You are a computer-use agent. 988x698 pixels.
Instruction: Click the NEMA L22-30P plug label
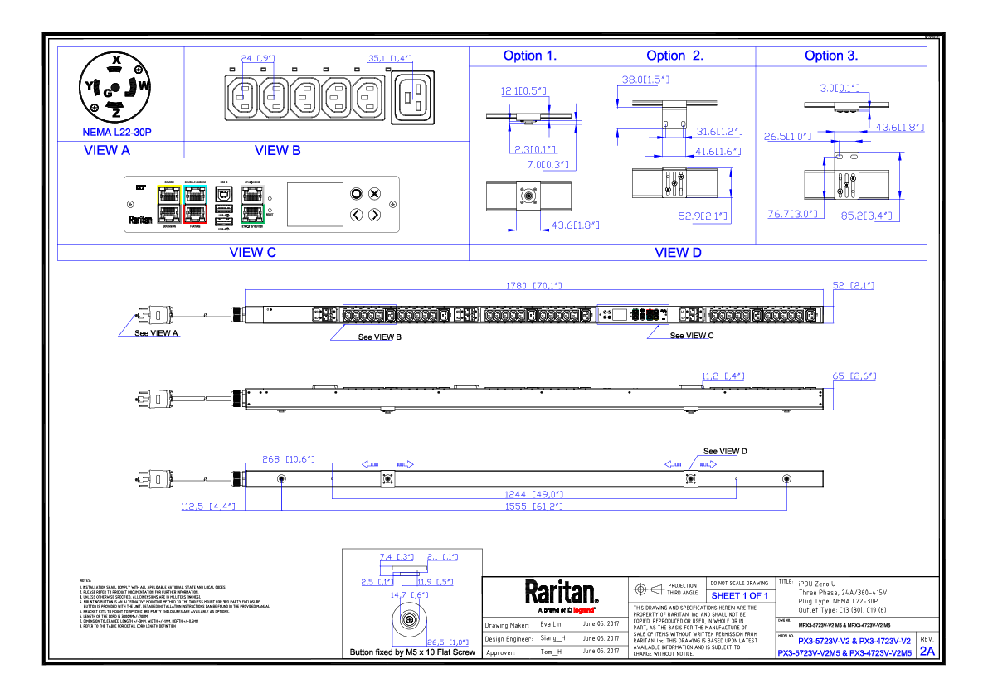click(x=117, y=132)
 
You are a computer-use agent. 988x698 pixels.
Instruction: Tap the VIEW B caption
click(x=277, y=150)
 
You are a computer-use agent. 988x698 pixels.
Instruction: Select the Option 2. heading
click(x=674, y=56)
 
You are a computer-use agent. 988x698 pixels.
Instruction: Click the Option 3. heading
click(x=831, y=56)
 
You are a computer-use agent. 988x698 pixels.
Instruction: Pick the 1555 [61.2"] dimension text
click(x=535, y=506)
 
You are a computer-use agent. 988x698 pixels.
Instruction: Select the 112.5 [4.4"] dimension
click(x=208, y=506)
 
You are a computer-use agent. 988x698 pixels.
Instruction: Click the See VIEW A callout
click(x=157, y=332)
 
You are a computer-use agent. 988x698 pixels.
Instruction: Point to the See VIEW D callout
click(x=725, y=451)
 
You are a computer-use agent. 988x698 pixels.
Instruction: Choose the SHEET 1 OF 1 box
click(x=739, y=595)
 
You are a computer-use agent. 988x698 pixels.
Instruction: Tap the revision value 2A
click(x=927, y=652)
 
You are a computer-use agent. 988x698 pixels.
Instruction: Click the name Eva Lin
click(x=552, y=623)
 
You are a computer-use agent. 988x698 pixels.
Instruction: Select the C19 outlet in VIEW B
click(x=411, y=98)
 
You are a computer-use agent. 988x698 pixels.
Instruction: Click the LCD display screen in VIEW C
click(x=314, y=204)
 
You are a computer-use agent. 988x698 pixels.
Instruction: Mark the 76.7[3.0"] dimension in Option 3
click(x=792, y=214)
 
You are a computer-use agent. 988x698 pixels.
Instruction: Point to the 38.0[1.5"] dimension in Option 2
click(x=645, y=80)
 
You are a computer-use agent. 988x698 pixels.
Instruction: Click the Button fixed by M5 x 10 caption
click(x=413, y=652)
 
